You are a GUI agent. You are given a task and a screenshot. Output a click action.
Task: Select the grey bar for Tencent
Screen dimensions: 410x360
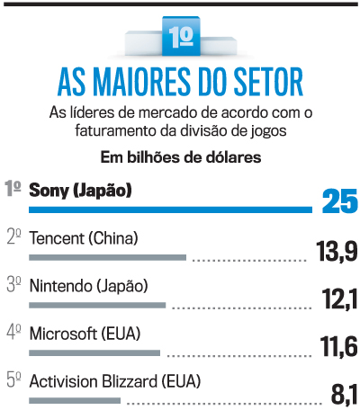(x=107, y=257)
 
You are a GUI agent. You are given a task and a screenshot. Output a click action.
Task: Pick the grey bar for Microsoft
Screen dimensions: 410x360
(x=94, y=352)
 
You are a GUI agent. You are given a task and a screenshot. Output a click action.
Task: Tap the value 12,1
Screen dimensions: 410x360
(x=340, y=299)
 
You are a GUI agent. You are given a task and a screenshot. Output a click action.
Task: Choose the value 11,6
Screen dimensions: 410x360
(x=339, y=346)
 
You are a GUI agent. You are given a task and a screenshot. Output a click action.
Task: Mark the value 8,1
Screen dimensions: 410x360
(x=344, y=393)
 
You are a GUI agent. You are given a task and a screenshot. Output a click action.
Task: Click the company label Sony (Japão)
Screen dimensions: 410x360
(x=81, y=190)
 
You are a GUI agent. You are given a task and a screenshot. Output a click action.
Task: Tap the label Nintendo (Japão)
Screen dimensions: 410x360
(x=88, y=287)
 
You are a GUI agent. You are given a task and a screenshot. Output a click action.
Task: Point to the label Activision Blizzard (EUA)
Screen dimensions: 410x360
(x=115, y=381)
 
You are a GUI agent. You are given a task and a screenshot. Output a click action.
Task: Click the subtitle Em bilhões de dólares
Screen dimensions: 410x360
(x=180, y=157)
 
